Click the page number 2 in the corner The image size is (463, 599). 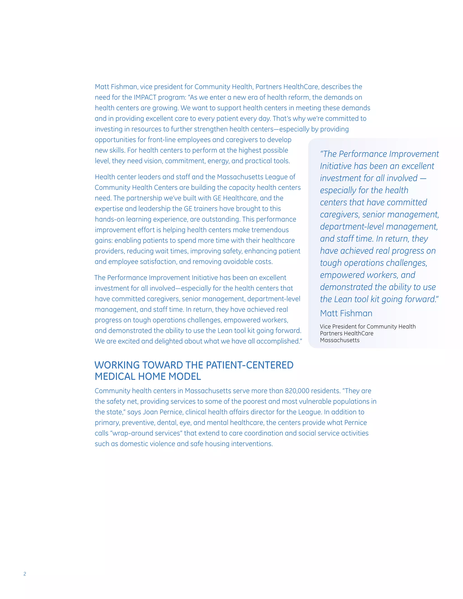tap(25, 574)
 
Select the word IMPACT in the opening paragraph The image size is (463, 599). tap(145, 97)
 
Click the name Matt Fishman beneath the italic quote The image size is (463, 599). tap(346, 313)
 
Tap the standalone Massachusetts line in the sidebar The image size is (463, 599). tap(340, 340)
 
